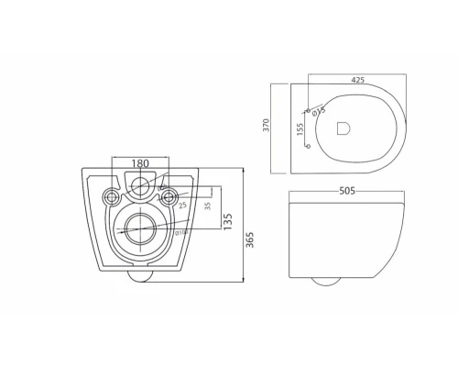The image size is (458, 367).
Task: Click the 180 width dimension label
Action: (140, 163)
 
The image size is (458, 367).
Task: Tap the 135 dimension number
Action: (228, 222)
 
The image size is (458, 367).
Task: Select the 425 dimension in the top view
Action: (358, 81)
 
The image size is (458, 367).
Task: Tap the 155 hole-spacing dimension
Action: (300, 129)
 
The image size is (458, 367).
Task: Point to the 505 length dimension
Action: (348, 191)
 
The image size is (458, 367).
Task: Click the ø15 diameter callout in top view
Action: (319, 112)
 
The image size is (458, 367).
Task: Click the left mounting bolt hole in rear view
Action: (113, 195)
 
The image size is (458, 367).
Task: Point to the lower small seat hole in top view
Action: (308, 146)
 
